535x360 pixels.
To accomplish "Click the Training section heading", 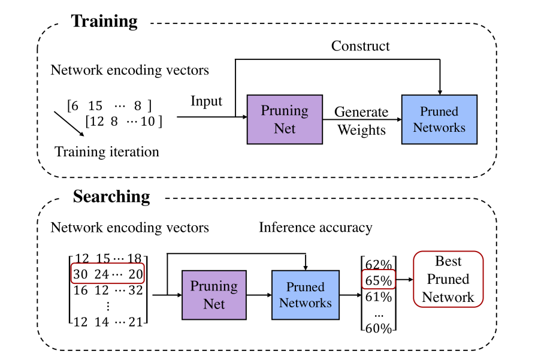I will (x=104, y=22).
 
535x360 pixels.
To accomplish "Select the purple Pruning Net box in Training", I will (x=285, y=119).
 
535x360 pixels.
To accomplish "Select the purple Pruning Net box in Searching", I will (x=214, y=295).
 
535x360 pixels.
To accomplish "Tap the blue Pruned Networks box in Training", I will (x=439, y=119).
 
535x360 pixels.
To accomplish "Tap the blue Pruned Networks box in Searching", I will (x=306, y=295).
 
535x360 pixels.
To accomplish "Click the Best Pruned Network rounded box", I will (x=448, y=279).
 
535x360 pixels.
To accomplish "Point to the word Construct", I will (x=361, y=46).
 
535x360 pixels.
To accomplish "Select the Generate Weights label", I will (x=361, y=121).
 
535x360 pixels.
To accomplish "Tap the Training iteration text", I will (x=107, y=152).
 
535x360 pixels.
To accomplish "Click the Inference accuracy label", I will (x=315, y=228).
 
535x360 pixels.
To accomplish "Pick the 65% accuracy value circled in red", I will (x=378, y=279).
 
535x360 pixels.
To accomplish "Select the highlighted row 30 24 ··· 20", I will (x=107, y=274).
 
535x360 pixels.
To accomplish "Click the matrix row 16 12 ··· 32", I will (x=107, y=290).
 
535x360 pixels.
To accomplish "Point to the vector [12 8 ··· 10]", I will (x=123, y=122).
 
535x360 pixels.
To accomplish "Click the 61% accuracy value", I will (x=378, y=296).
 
